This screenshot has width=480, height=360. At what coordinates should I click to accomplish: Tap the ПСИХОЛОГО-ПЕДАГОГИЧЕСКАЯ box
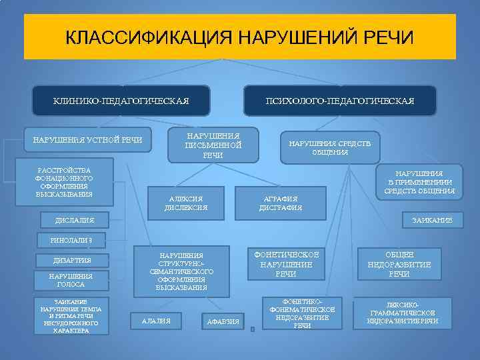click(340, 101)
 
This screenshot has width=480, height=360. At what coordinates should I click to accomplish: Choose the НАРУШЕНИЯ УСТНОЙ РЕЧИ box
click(87, 139)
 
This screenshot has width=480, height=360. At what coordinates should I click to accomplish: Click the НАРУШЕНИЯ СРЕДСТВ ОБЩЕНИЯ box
click(330, 147)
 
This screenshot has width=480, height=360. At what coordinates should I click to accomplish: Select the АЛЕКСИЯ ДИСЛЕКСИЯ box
click(186, 203)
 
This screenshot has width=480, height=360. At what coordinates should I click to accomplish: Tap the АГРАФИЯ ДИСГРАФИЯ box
click(281, 203)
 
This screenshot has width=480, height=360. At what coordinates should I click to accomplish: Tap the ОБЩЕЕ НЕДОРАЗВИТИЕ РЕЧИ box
click(399, 264)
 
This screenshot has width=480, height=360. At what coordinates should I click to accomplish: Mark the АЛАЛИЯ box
click(157, 321)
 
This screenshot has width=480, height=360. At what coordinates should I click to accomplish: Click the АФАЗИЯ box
click(223, 322)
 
